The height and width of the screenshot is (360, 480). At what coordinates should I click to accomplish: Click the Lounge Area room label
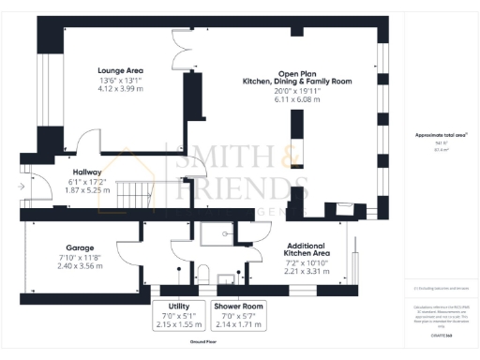coord(120,69)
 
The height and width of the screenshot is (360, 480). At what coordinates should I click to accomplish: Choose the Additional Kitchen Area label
coord(306,248)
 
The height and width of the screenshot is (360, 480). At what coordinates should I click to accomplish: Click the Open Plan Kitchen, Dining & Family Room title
coord(301,79)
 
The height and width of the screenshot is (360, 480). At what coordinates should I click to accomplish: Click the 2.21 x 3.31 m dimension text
coord(306,271)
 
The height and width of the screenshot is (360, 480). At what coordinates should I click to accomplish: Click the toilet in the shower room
coord(202,272)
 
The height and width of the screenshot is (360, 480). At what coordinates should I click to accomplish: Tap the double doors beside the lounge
coord(174,52)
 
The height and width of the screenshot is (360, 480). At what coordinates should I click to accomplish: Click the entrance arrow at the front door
coord(22,187)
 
